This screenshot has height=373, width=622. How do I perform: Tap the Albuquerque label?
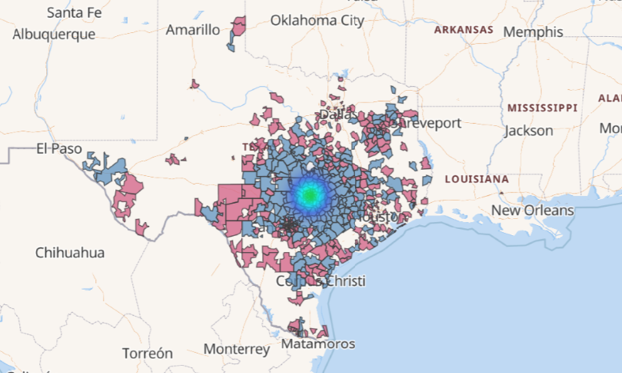tap(54, 34)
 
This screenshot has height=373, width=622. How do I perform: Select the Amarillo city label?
tap(193, 30)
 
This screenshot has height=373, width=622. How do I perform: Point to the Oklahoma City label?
tap(317, 21)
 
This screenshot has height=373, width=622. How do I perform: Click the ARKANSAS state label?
tap(464, 30)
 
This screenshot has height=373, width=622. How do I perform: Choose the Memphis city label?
tap(534, 31)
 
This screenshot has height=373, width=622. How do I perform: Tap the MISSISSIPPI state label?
tap(542, 108)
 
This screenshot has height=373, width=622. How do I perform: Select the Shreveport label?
tap(427, 123)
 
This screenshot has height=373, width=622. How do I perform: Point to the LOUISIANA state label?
tap(476, 179)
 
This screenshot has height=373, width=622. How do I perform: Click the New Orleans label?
tap(532, 210)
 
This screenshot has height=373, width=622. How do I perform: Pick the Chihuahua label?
tap(70, 252)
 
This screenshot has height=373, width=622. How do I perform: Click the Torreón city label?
tap(147, 353)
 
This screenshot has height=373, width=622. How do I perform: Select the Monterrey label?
tap(237, 349)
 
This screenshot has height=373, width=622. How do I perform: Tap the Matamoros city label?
tap(318, 344)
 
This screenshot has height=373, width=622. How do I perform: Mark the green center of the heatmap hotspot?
tap(309, 195)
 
